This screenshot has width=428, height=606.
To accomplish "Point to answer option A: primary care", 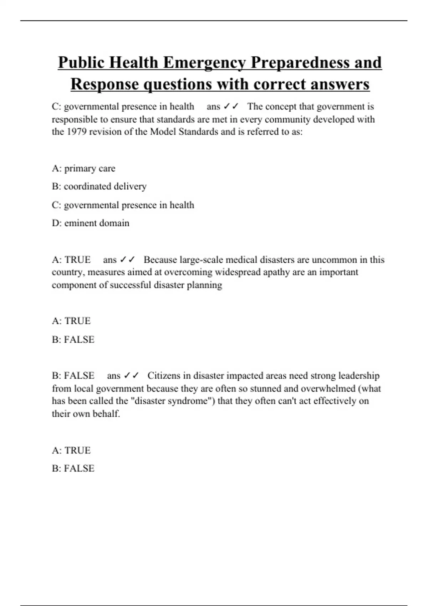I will (x=83, y=168).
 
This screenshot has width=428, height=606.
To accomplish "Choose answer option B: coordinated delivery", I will (x=99, y=186).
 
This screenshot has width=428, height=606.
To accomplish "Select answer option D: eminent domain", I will (x=91, y=223).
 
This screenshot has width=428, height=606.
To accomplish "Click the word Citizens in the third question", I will (x=164, y=376).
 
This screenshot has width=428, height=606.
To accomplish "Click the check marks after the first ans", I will (x=231, y=107).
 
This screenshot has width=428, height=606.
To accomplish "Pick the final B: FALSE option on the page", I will (x=73, y=468).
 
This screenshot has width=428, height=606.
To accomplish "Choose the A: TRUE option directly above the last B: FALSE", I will (x=71, y=451).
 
